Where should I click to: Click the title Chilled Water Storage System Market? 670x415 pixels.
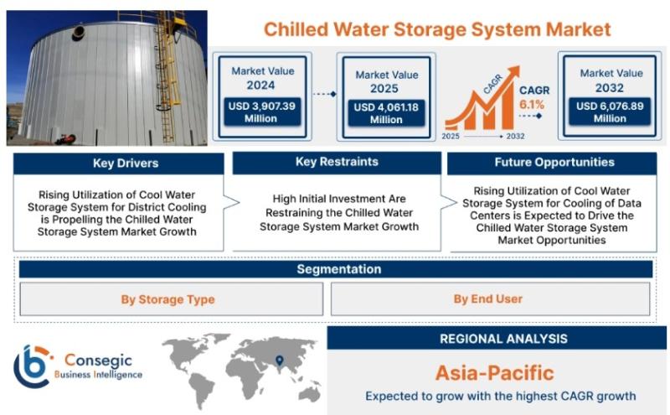click(437, 29)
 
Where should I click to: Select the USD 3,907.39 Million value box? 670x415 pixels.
click(261, 112)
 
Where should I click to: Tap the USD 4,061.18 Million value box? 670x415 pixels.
click(386, 113)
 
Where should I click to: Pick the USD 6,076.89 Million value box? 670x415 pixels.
click(610, 112)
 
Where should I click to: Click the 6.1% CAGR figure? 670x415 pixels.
click(532, 105)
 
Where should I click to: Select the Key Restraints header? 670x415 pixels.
click(337, 162)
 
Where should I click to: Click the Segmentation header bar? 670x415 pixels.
click(336, 269)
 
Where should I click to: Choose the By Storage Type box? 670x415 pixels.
click(172, 299)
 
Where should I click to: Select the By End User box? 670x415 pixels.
click(490, 298)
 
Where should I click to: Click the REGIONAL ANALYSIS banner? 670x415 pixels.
click(497, 339)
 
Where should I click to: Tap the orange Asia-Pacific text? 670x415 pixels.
click(495, 373)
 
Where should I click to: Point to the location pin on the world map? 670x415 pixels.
click(280, 361)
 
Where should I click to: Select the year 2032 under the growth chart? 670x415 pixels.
click(515, 136)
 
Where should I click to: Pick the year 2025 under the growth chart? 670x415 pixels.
click(451, 136)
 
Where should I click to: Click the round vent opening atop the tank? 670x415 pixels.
click(78, 32)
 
